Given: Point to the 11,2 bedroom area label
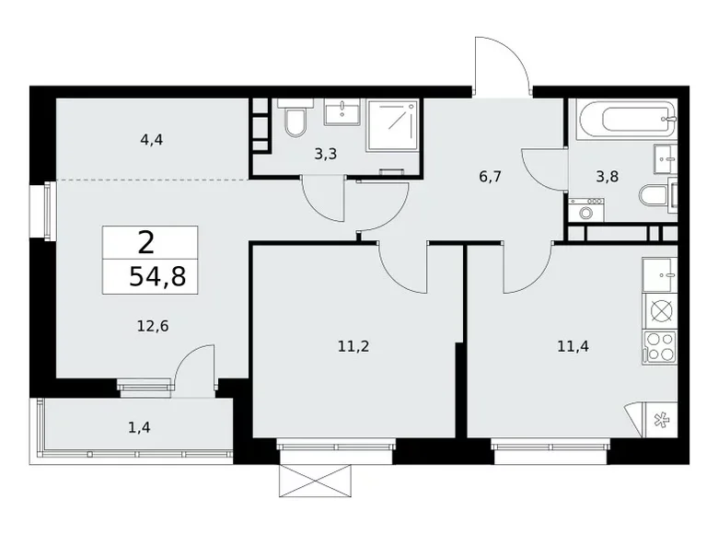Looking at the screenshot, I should tap(354, 347).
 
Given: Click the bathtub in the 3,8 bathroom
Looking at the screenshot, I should tap(626, 118).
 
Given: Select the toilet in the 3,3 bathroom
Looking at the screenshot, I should tap(295, 121).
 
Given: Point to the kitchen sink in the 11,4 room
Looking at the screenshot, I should tap(660, 273).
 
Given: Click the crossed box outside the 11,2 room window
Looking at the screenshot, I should tap(317, 479).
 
